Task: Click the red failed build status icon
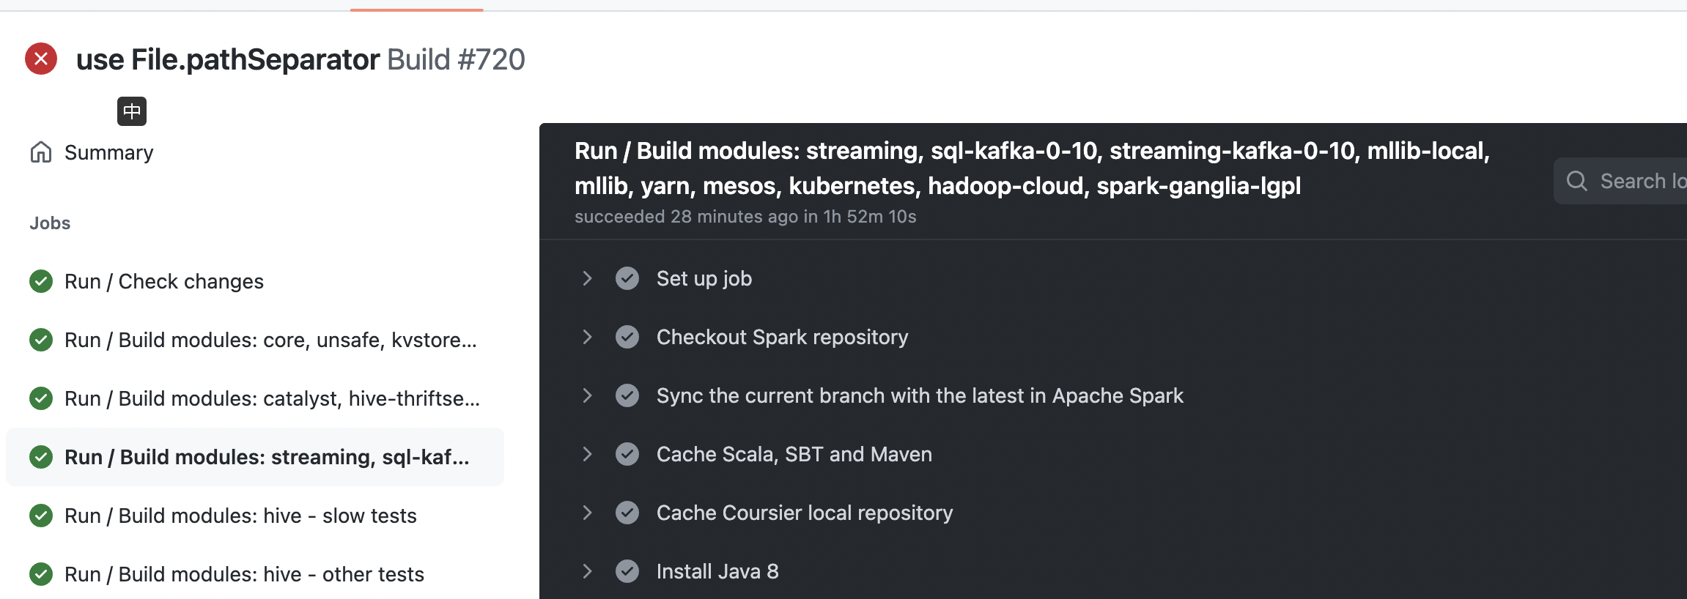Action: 41,59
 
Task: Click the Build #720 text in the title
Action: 456,59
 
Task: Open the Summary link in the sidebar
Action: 108,152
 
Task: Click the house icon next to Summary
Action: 41,152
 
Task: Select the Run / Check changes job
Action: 163,281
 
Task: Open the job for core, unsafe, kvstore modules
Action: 270,340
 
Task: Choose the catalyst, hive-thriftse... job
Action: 272,398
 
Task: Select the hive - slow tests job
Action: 240,516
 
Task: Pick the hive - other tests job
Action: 244,574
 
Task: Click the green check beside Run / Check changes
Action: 41,281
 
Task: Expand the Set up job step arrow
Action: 587,278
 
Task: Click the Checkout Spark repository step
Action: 782,337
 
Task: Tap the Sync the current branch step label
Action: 920,395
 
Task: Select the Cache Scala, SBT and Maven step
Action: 794,454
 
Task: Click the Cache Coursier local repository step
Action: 804,513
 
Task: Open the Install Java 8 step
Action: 717,571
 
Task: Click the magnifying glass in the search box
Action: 1577,181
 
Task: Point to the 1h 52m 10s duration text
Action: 870,217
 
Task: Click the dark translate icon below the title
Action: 132,111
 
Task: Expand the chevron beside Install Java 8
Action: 587,571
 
